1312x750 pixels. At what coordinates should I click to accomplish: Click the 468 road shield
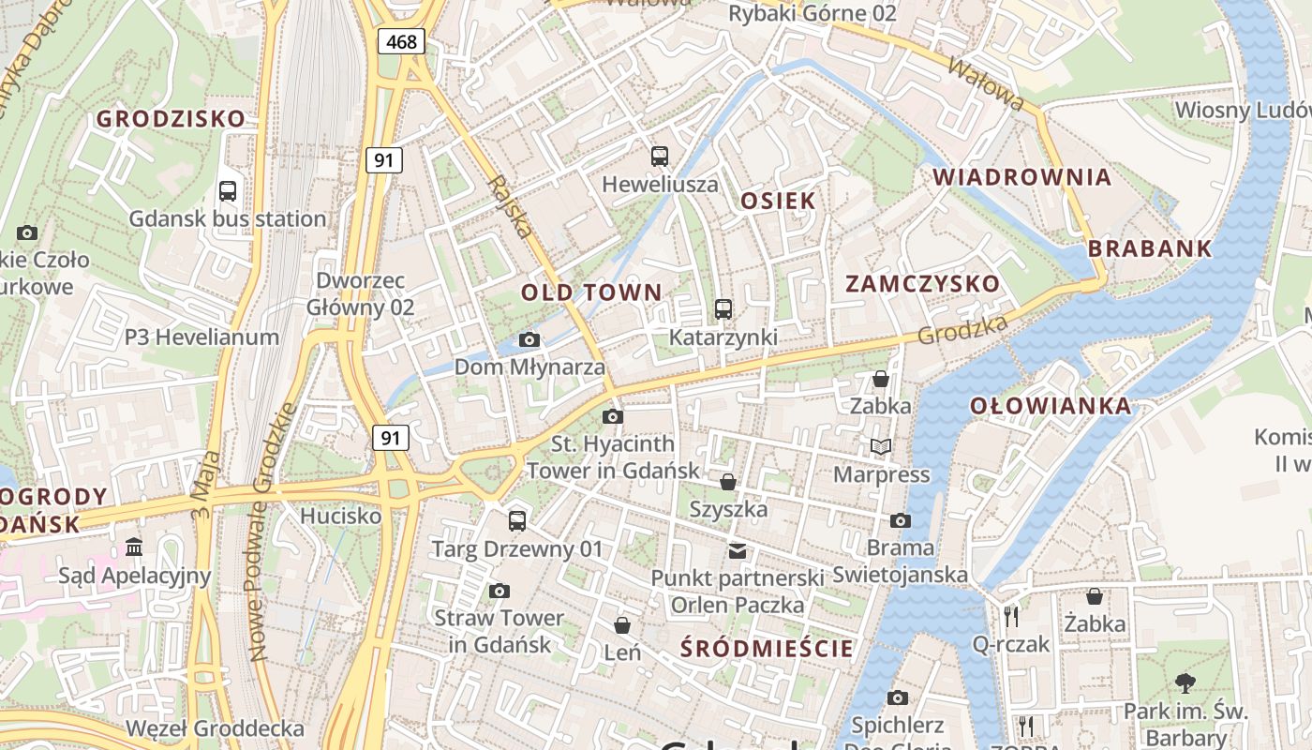[402, 41]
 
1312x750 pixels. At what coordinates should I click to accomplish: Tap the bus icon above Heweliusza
[660, 157]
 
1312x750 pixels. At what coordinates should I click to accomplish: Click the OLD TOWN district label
[591, 292]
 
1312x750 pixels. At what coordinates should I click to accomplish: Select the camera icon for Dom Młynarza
[529, 339]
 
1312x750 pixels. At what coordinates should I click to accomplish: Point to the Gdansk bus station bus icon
[228, 191]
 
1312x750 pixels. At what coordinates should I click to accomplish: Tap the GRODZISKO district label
[171, 119]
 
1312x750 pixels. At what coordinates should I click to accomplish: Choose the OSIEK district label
[778, 201]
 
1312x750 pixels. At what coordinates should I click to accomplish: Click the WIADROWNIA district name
[1022, 177]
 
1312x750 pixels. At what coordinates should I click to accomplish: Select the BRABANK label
[1150, 249]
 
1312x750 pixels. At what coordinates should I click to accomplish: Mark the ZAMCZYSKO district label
[922, 284]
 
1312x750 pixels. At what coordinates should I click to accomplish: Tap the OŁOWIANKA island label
[1051, 406]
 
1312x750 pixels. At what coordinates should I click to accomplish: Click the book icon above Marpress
[881, 446]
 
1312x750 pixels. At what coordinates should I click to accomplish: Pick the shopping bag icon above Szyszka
[728, 482]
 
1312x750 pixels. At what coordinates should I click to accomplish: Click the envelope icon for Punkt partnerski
[738, 550]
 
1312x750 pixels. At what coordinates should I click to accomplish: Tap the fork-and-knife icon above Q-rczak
[1010, 616]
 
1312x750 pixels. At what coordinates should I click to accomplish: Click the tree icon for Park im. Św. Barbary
[1185, 682]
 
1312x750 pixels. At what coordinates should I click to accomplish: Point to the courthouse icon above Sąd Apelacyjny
[134, 547]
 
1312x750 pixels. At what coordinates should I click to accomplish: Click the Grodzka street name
[962, 329]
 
